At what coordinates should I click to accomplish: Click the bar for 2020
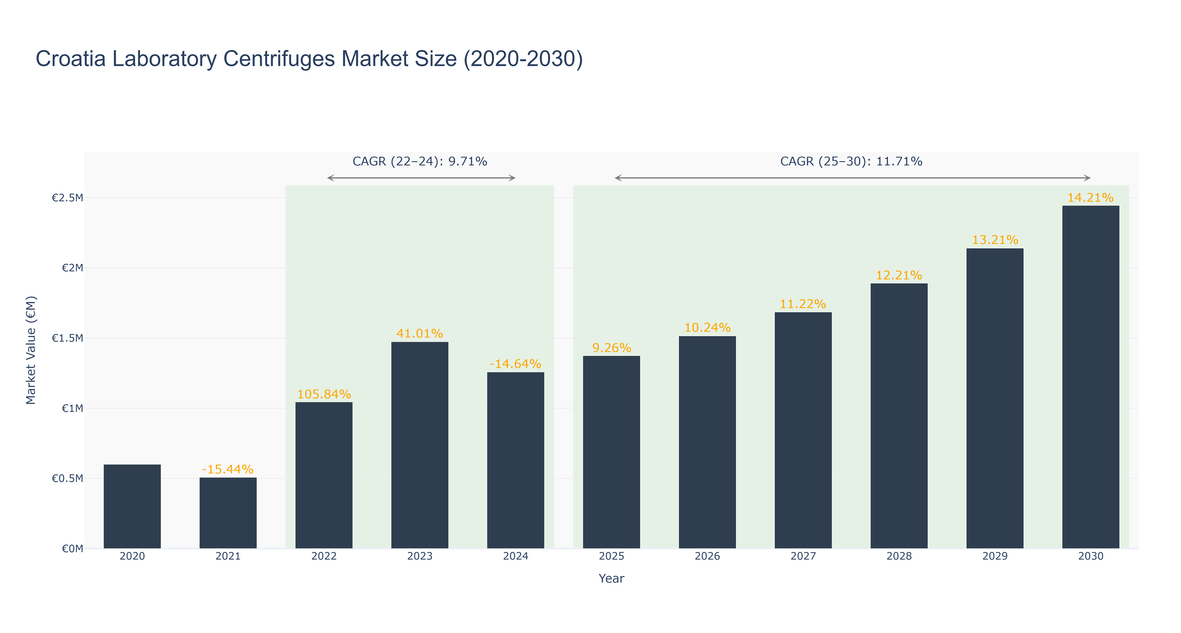(132, 506)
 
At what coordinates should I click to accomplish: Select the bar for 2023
(419, 445)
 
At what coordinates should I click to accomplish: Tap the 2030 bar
(1091, 377)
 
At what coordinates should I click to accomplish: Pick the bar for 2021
(228, 513)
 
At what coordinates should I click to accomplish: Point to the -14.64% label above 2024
(515, 364)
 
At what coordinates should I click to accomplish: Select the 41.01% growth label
(419, 333)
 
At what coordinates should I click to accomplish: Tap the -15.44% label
(228, 470)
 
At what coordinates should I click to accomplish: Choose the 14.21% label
(1091, 198)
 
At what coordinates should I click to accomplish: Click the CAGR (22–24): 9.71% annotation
(419, 161)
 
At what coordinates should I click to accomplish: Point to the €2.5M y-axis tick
(67, 198)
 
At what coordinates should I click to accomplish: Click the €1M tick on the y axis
(72, 408)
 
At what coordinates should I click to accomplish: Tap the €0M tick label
(72, 549)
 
